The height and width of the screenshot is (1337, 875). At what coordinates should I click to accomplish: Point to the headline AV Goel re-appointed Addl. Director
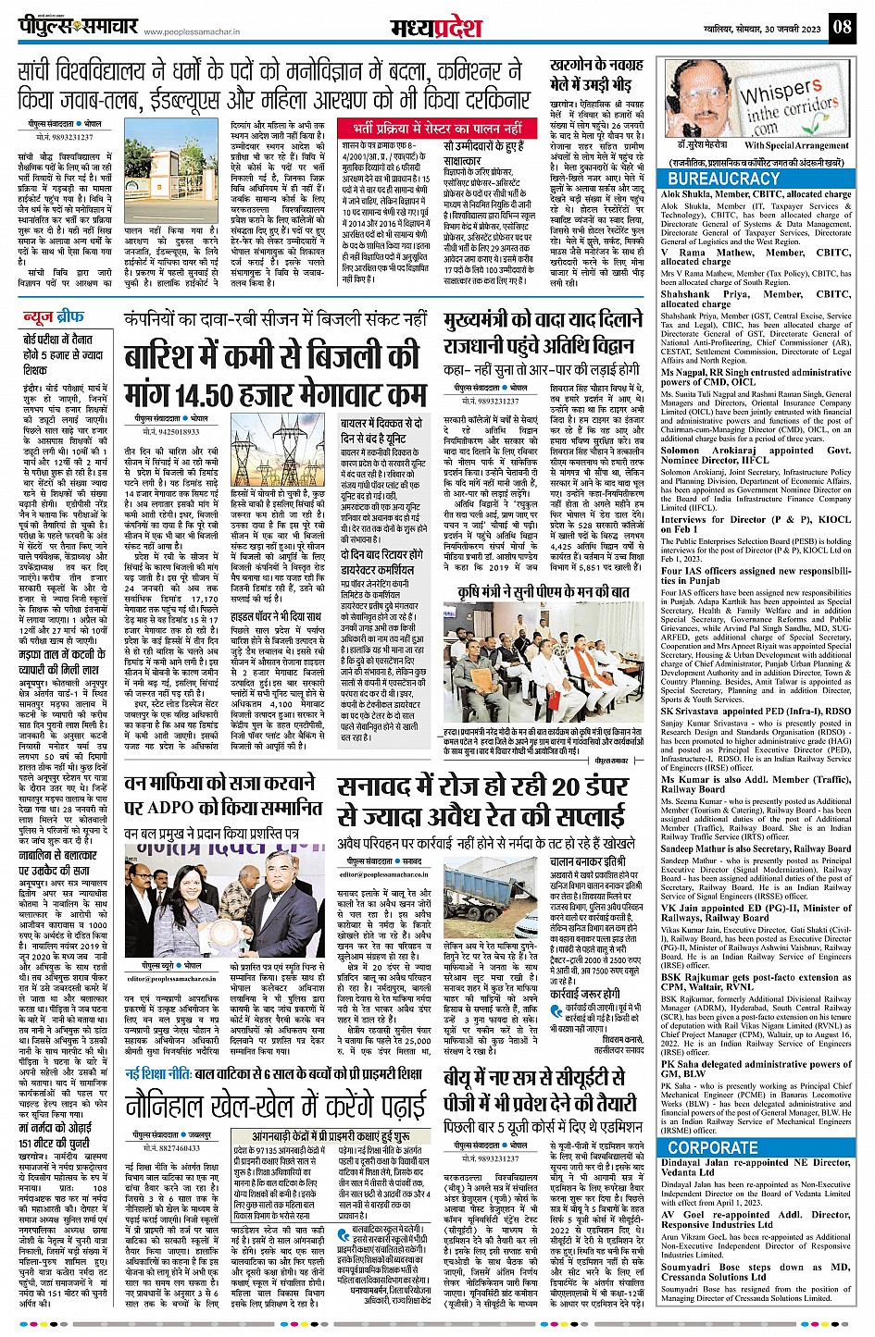(756, 1219)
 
